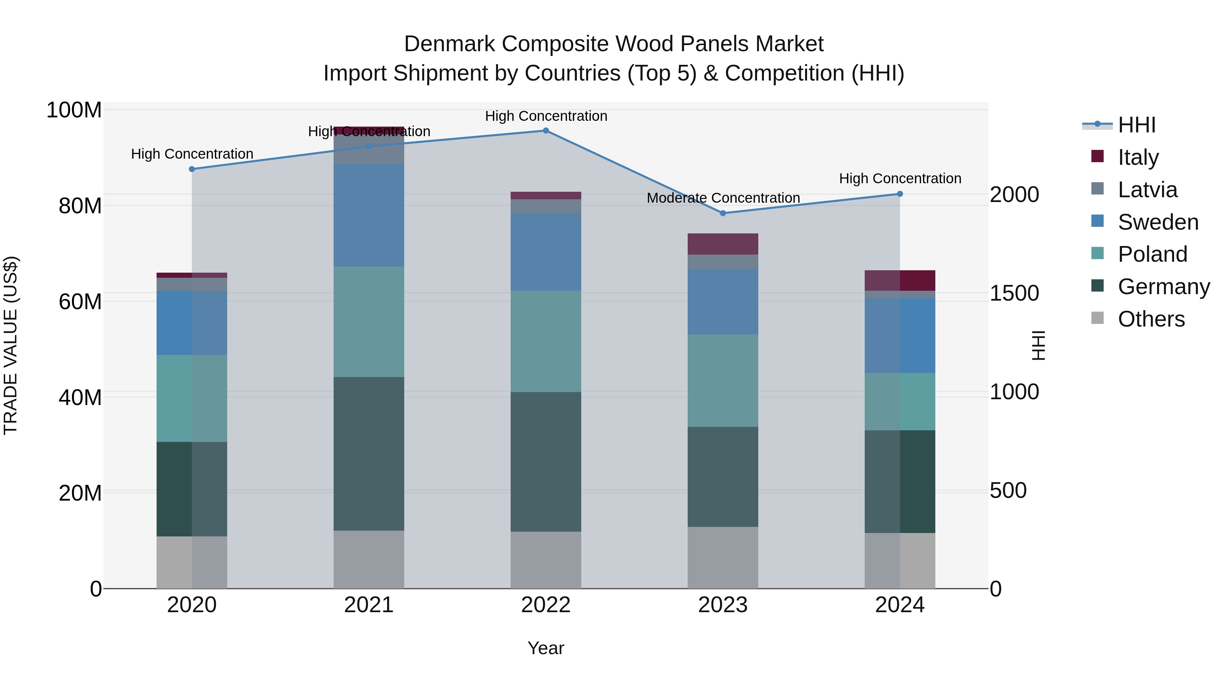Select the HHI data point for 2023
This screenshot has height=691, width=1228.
723,213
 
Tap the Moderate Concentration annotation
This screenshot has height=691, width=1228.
723,198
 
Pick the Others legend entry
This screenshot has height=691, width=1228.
1151,319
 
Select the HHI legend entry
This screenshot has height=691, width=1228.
1137,125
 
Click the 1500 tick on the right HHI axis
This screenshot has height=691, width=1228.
1014,293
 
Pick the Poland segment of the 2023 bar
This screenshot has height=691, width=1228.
723,380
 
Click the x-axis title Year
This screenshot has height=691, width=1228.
546,648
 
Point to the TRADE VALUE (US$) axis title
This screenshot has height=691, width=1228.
11,345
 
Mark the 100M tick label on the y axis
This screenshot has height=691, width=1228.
74,110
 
